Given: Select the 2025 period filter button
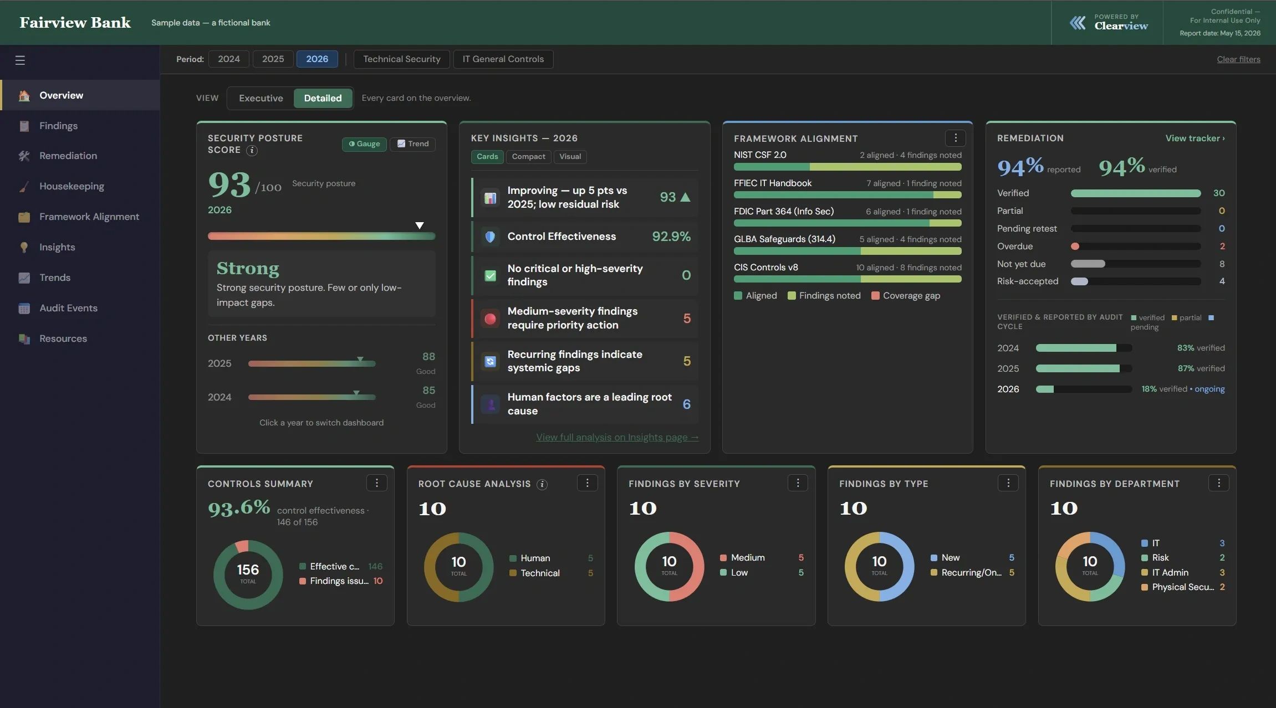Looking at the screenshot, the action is (273, 59).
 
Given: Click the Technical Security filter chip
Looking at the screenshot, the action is (402, 59).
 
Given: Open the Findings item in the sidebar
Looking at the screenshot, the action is (58, 126).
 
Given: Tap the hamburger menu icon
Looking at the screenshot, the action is (20, 60).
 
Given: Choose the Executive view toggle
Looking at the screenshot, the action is (261, 98).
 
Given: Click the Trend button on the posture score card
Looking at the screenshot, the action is (413, 144).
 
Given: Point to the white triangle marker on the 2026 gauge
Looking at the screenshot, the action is (420, 225).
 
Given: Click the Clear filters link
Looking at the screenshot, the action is (1238, 59).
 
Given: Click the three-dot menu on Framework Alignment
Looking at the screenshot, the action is (955, 138).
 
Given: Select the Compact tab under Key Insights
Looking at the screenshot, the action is (528, 157).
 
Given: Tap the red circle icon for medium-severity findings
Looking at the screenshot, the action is (490, 319).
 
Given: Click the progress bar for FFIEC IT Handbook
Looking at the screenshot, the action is (848, 195).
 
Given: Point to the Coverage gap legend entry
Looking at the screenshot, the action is (906, 296).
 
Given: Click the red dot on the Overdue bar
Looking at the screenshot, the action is (1075, 247).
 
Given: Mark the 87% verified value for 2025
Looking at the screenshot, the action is (1201, 368).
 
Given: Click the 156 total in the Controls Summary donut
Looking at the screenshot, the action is (248, 570).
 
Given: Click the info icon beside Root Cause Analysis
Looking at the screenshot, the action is (542, 485).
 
